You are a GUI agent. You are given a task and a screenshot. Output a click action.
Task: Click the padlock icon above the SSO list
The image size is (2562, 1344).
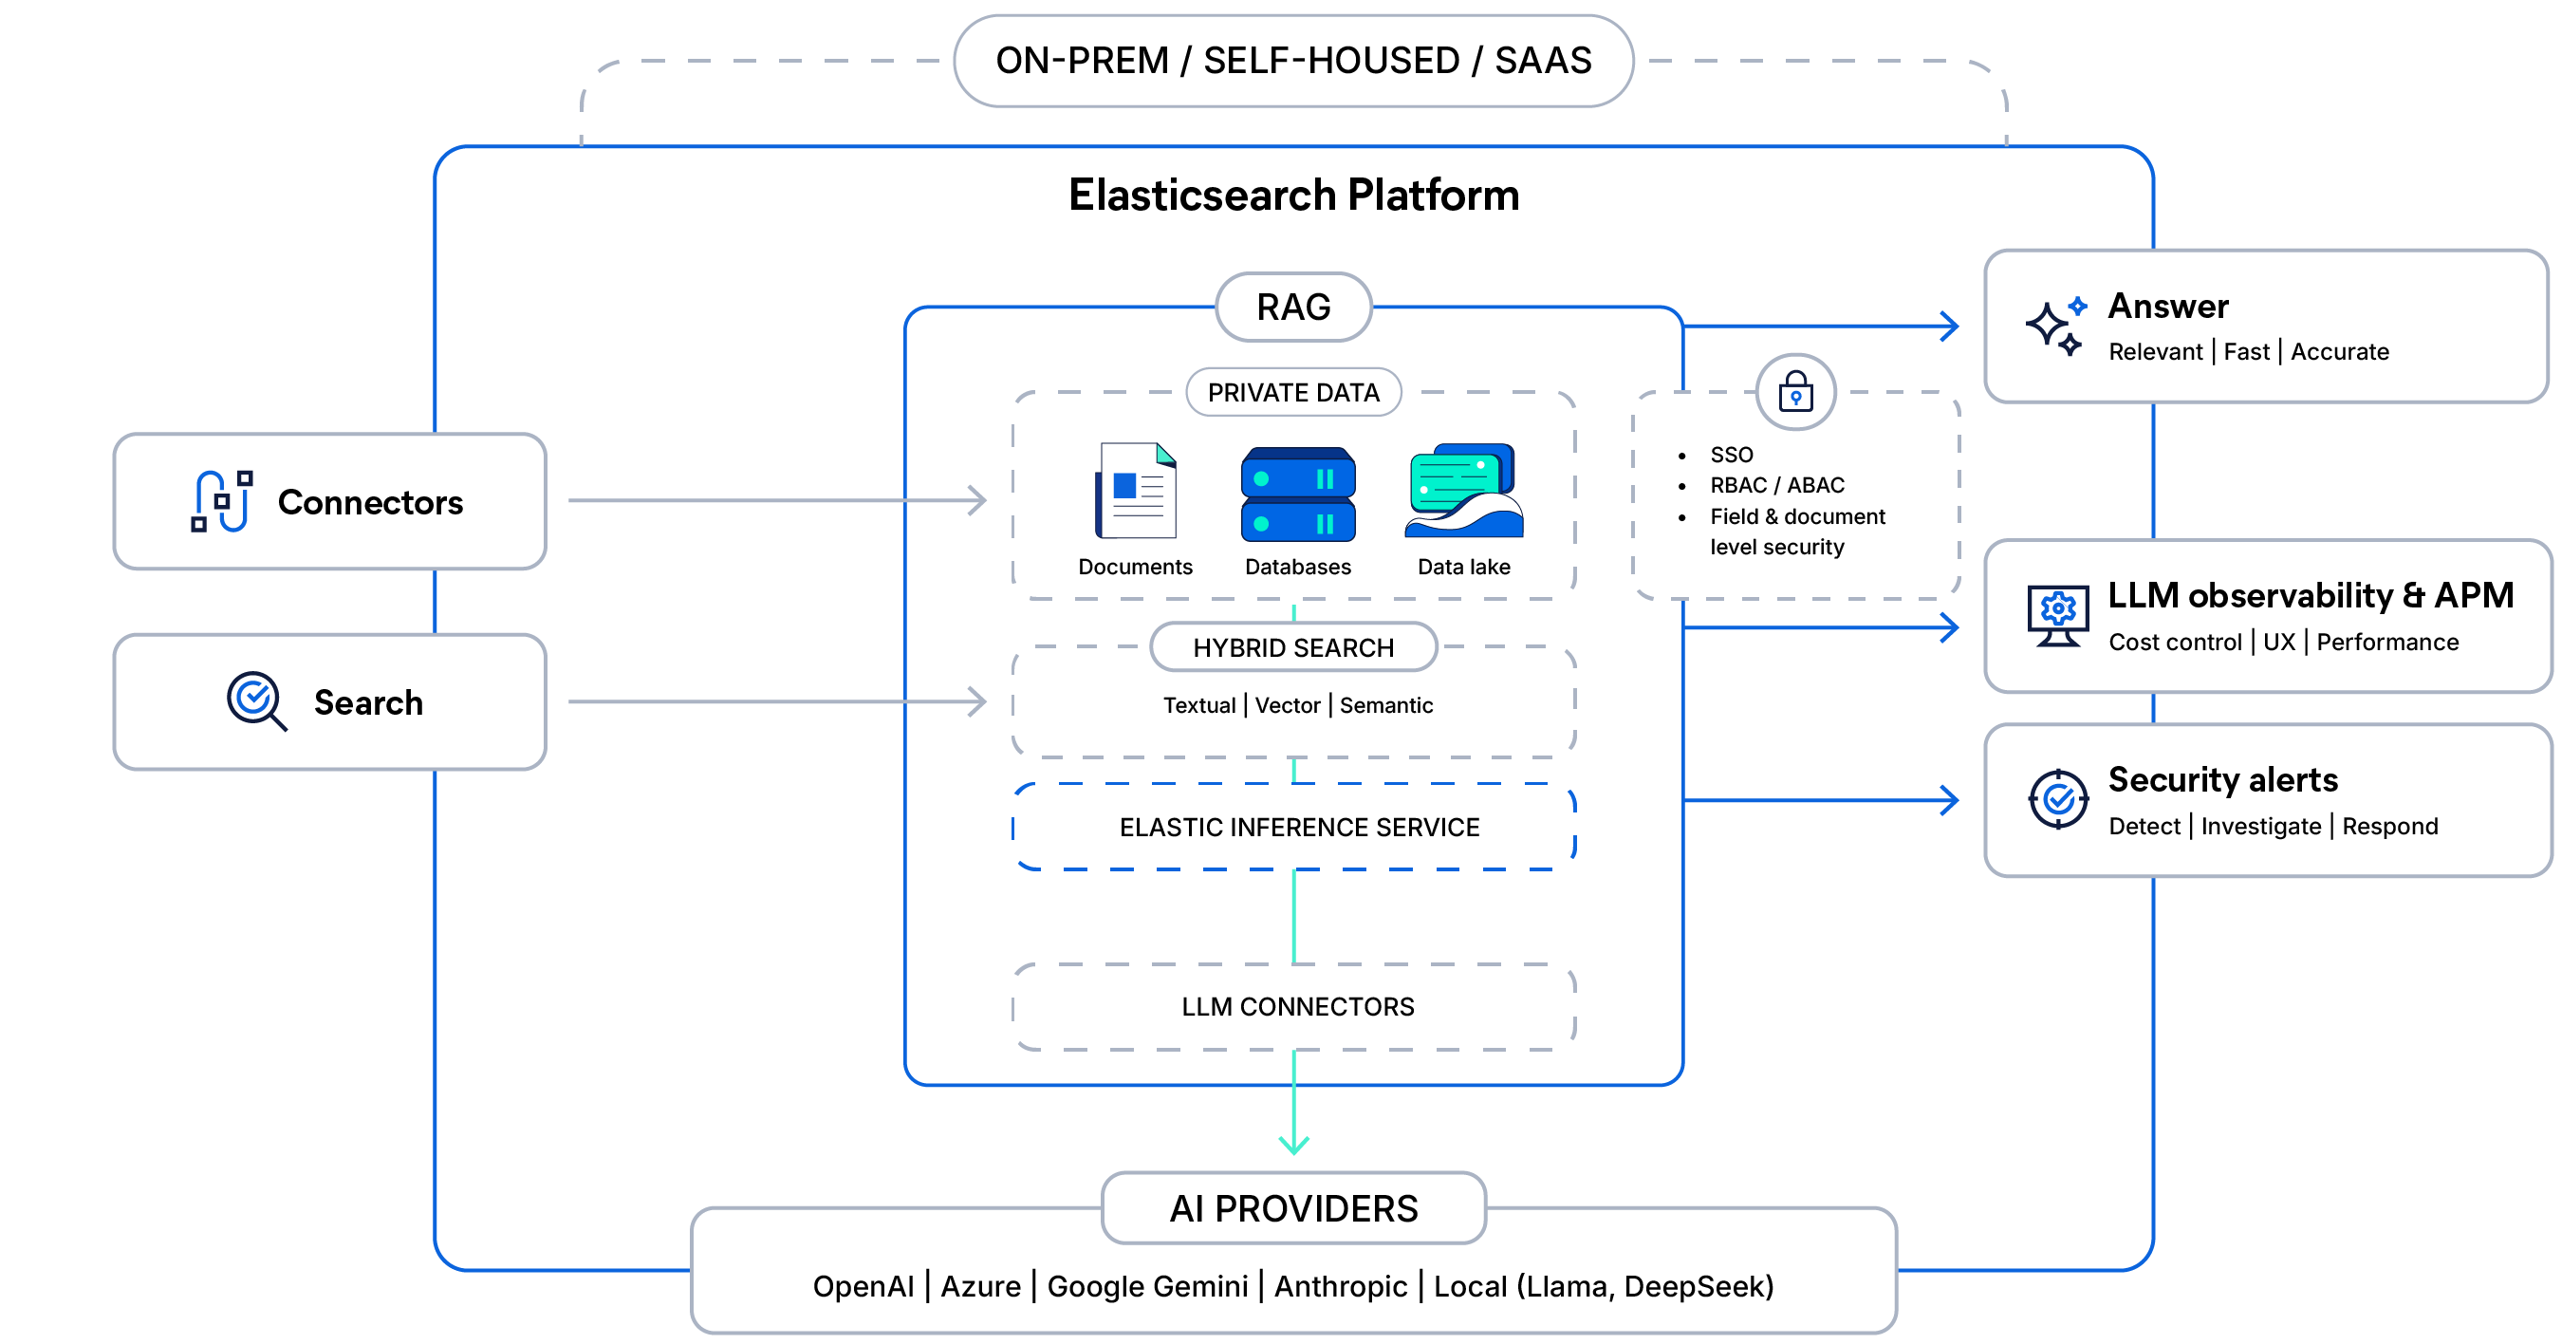click(x=1795, y=392)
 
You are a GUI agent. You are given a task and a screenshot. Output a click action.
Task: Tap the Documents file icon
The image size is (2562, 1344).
click(x=1136, y=491)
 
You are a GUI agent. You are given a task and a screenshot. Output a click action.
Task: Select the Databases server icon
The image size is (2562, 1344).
click(x=1298, y=494)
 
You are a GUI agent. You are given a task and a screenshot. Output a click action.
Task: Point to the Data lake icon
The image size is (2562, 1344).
click(x=1463, y=491)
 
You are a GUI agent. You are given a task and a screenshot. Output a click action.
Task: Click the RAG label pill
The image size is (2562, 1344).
click(x=1293, y=308)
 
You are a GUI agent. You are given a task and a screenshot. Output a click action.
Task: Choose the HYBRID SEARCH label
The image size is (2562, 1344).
click(x=1293, y=647)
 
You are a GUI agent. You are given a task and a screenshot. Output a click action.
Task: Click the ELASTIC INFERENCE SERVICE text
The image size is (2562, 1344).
click(x=1299, y=827)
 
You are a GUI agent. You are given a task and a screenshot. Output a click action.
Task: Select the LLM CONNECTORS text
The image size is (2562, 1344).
click(x=1297, y=1007)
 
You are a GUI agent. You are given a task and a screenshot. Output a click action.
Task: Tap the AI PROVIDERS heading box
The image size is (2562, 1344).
click(x=1293, y=1208)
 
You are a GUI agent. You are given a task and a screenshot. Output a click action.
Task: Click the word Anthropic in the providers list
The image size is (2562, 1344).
click(x=1340, y=1286)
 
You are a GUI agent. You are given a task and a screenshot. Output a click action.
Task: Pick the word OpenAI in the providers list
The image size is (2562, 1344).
click(x=863, y=1286)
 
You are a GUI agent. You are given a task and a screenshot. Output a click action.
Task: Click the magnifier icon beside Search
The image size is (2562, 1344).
click(x=256, y=701)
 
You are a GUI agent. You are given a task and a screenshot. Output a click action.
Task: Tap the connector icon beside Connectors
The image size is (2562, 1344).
click(x=222, y=501)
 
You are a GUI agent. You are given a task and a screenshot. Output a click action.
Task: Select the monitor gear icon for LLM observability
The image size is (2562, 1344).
click(x=2057, y=615)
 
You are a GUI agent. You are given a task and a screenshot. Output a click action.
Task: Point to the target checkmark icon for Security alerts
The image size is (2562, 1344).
click(x=2058, y=799)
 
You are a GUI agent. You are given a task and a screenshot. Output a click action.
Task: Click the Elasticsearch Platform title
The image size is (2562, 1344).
click(x=1293, y=195)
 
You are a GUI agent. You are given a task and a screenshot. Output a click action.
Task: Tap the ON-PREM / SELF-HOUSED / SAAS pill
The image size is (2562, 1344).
click(x=1293, y=61)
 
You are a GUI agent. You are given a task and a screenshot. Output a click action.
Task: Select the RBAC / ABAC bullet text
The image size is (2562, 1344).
click(x=1776, y=485)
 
